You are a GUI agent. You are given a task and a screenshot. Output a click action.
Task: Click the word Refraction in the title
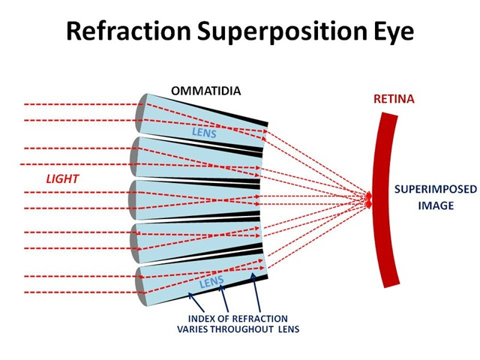pos(128,31)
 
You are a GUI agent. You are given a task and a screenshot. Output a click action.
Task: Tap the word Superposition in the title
pos(281,31)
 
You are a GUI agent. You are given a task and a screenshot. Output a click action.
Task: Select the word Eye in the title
pos(393,31)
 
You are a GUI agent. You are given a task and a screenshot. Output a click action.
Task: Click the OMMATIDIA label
pos(205,91)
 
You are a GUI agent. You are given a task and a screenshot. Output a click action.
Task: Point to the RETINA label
pos(394,99)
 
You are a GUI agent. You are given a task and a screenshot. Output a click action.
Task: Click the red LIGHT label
pos(62,178)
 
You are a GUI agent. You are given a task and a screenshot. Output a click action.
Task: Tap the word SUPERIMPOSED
pos(435,189)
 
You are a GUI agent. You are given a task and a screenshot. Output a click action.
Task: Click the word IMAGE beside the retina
pos(436,205)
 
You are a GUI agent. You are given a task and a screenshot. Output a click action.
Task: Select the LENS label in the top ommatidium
pos(204,133)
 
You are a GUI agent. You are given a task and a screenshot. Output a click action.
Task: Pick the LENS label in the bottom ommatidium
pos(211,282)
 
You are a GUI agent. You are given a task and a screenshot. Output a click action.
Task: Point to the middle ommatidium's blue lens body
pos(196,200)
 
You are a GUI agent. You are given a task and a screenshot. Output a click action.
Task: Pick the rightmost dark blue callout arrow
pos(256,292)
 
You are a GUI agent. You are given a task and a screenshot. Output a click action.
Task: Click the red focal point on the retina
pos(369,199)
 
